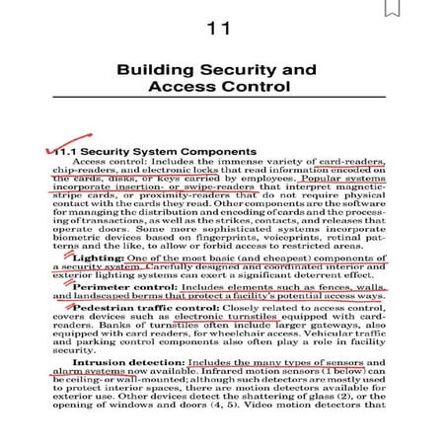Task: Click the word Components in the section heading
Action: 212,152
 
